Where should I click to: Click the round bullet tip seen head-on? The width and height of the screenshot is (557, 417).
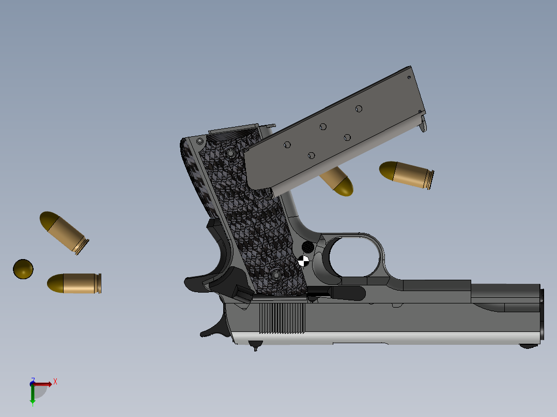click(23, 269)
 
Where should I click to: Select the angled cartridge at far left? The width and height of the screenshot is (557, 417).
click(63, 232)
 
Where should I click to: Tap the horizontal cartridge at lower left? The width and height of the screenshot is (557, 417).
click(74, 283)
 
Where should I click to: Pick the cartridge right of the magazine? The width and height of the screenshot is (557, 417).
click(406, 174)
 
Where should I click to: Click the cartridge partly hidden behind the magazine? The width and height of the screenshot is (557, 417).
click(338, 182)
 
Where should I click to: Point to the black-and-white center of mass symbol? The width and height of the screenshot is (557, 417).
click(304, 261)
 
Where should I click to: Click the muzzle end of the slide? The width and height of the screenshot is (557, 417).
click(541, 315)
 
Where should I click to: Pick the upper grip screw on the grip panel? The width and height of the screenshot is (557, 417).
click(230, 153)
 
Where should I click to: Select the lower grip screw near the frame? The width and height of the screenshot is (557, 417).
click(274, 275)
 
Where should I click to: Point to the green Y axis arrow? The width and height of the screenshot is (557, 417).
click(33, 394)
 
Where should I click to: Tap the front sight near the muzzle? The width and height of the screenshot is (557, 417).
click(528, 346)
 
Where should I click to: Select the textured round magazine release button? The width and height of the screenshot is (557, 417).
click(307, 247)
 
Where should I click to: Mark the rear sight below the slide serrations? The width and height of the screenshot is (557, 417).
click(254, 344)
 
